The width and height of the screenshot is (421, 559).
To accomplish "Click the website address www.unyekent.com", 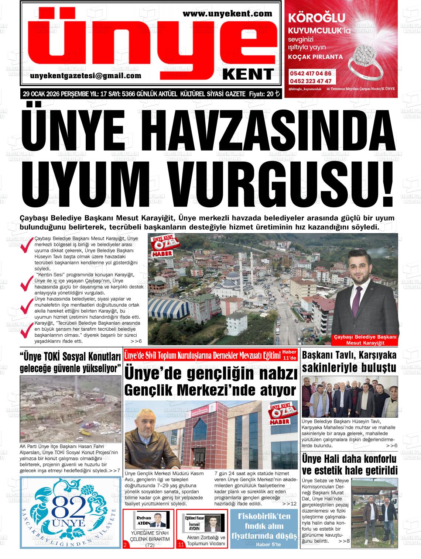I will click(x=227, y=14).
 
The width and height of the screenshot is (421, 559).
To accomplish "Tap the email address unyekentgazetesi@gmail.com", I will click(x=86, y=76).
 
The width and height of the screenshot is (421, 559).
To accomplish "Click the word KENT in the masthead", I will click(x=249, y=74).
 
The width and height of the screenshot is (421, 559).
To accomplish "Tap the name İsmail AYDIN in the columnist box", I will click(x=194, y=526).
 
